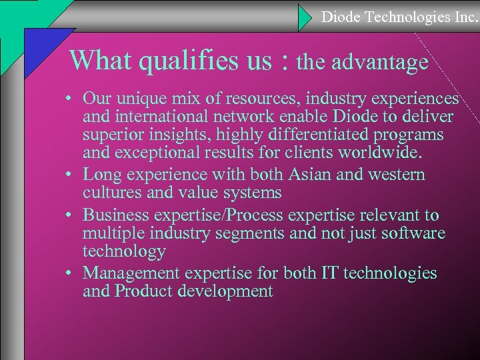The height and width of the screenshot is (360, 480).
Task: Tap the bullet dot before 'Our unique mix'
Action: pyautogui.click(x=70, y=99)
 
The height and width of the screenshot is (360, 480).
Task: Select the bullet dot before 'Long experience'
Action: pyautogui.click(x=70, y=175)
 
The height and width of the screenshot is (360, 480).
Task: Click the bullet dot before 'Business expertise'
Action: pyautogui.click(x=70, y=215)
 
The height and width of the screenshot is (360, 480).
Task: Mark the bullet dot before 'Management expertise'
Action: pyautogui.click(x=70, y=273)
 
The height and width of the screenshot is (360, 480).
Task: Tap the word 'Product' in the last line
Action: pyautogui.click(x=143, y=292)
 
